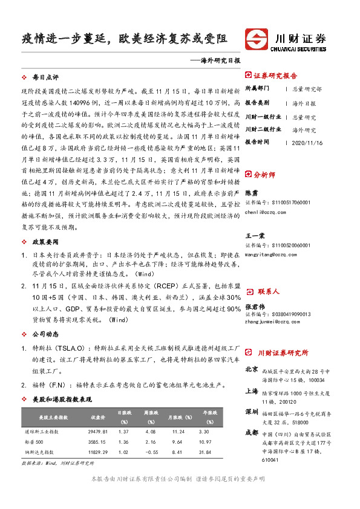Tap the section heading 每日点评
coord(45,78)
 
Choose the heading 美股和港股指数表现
coord(62,400)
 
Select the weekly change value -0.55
coord(151,452)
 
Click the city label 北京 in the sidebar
coord(252,369)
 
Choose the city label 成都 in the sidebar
coord(252,432)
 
